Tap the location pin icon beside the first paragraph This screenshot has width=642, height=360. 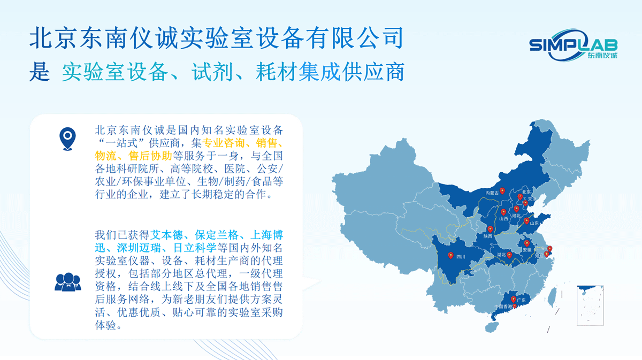(x=67, y=139)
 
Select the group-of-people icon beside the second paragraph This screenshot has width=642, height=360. (x=67, y=282)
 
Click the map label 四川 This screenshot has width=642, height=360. (x=461, y=257)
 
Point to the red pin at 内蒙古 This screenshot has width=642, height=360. (x=502, y=190)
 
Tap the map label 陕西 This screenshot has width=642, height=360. (x=487, y=236)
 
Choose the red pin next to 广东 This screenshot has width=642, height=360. (x=514, y=300)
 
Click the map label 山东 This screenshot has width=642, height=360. (x=534, y=223)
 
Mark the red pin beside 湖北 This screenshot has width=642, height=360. (x=509, y=255)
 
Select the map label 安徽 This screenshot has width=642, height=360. (x=527, y=250)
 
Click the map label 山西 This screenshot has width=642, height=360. (x=503, y=219)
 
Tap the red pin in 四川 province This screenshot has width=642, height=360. (x=451, y=255)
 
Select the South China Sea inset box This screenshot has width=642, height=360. (x=590, y=305)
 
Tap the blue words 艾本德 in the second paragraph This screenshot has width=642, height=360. (x=166, y=235)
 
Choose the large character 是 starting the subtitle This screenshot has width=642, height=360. (x=39, y=72)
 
